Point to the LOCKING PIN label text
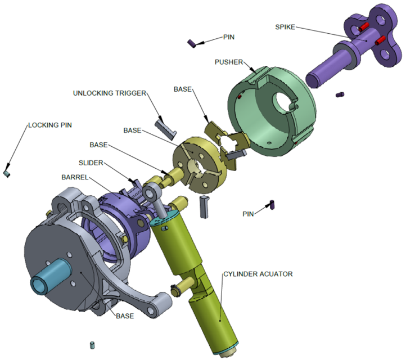50,125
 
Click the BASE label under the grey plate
124,316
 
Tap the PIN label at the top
229,37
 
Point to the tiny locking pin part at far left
7,174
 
